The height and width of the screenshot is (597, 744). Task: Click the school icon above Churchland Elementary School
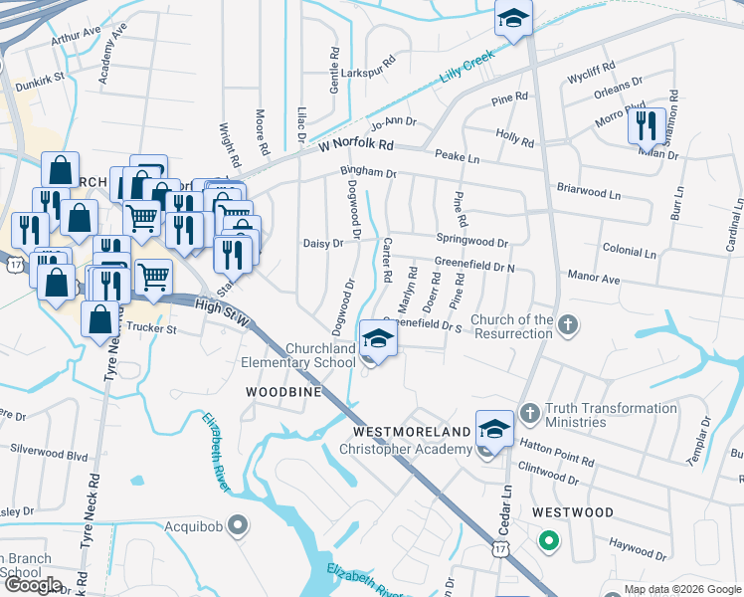[x=378, y=340]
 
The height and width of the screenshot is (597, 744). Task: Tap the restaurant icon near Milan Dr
[x=647, y=126]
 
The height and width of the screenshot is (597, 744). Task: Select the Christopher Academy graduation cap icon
[x=494, y=428]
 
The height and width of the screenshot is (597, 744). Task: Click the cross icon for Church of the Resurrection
[x=567, y=324]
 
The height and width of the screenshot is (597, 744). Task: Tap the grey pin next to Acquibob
[x=237, y=523]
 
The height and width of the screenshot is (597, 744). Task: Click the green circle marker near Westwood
[x=547, y=542]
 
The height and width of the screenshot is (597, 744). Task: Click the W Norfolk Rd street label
[x=356, y=145]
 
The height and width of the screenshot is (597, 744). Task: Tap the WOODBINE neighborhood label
[x=283, y=392]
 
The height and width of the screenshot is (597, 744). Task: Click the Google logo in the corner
[x=32, y=584]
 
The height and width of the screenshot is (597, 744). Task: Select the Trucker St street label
[x=149, y=328]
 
